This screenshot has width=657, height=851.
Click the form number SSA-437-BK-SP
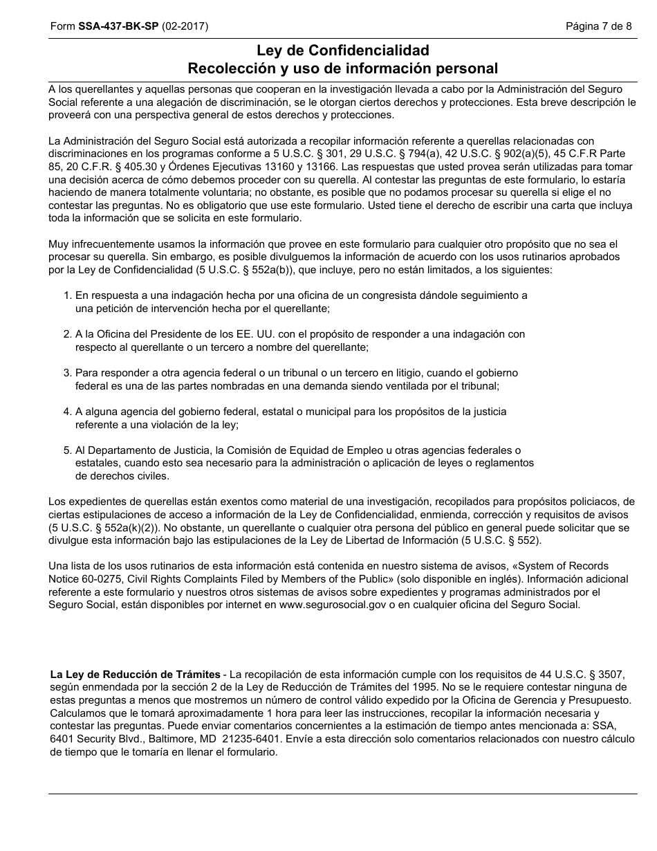click(x=118, y=27)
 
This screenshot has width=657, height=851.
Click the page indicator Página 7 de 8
click(x=598, y=27)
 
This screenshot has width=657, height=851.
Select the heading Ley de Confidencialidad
click(x=342, y=51)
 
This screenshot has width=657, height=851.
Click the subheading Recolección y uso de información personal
click(x=342, y=68)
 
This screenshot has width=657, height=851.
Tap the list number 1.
click(x=67, y=295)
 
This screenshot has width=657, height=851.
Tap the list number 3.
click(x=67, y=373)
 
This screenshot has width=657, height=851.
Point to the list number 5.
click(x=67, y=450)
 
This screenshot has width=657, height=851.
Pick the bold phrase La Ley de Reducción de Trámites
click(x=136, y=675)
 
